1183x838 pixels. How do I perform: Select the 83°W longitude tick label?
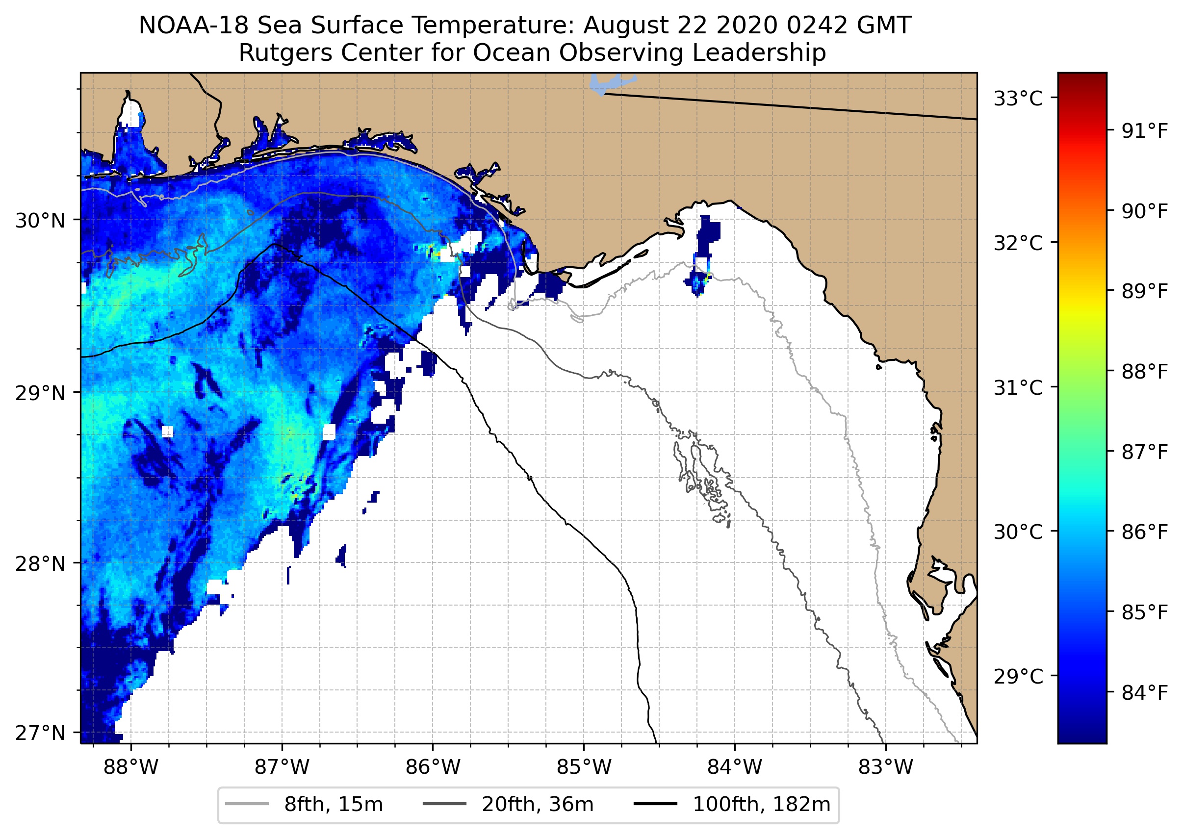click(886, 767)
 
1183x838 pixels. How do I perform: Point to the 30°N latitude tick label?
click(40, 221)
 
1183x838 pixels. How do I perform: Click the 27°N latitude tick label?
click(40, 733)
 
